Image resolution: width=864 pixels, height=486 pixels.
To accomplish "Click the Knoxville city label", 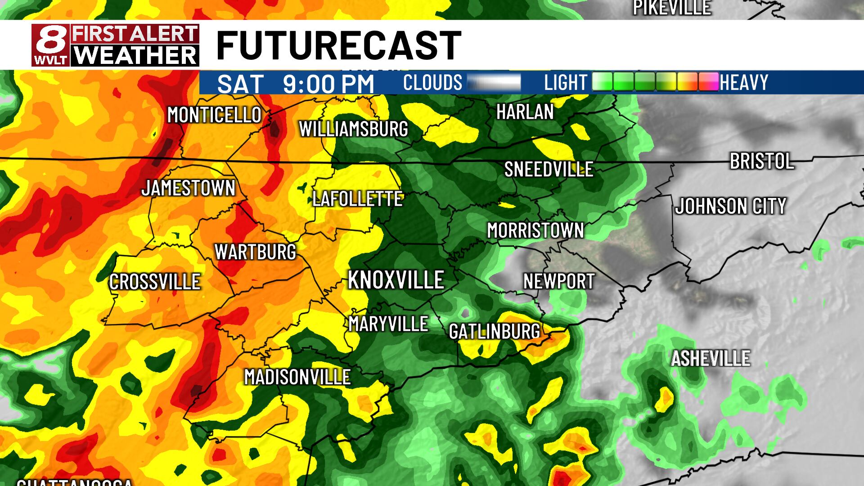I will coord(396,280).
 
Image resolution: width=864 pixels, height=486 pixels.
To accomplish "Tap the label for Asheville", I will coord(711,359).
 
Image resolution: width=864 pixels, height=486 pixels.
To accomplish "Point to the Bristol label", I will coord(761,162).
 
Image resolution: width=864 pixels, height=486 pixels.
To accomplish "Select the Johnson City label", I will coord(730,207).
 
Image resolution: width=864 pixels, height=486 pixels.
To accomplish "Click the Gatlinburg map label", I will coord(494,332).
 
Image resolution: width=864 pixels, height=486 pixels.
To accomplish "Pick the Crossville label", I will coord(155,282).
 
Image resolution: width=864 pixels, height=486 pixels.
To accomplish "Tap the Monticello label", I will coord(214,115).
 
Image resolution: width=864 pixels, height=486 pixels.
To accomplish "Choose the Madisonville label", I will coord(297,377).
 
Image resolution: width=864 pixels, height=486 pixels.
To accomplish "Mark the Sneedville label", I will coord(549,170).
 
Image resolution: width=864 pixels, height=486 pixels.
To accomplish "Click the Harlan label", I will coord(525,112).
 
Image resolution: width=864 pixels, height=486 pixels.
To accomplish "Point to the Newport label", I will coord(558,282).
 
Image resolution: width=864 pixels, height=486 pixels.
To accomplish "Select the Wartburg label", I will coord(255,252).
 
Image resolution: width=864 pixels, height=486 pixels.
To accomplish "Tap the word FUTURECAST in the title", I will coord(338,45).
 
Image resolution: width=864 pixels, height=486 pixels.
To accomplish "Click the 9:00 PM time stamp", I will coord(328,84).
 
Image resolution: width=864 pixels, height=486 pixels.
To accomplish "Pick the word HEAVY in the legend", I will coord(744,83).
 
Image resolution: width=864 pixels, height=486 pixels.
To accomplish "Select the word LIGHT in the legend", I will coord(566,83).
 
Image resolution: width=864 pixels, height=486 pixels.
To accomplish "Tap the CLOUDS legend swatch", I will coord(494,83).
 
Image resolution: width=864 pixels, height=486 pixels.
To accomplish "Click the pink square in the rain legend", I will coord(708,82).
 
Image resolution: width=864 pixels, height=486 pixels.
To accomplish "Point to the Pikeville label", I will coord(672,8).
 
